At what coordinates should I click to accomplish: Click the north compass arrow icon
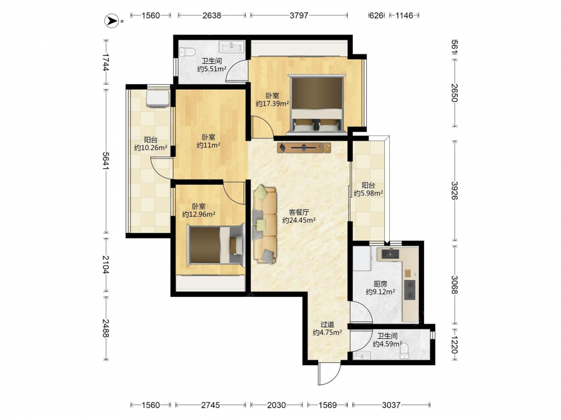[x=112, y=21]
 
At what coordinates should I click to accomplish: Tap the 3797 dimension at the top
[x=299, y=15]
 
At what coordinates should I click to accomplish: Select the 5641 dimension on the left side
[x=106, y=161]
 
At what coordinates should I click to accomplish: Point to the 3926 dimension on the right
[x=454, y=191]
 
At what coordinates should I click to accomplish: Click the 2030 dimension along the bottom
[x=277, y=405]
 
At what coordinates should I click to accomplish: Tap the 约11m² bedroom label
[x=208, y=141]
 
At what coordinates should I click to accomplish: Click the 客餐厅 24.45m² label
[x=299, y=216]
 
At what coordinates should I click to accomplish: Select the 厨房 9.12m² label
[x=380, y=288]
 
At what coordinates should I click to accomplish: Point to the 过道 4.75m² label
[x=327, y=329]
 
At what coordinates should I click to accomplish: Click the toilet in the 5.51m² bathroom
[x=187, y=52]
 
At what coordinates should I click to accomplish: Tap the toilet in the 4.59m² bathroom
[x=404, y=352]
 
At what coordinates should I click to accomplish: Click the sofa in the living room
[x=265, y=225]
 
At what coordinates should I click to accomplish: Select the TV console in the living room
[x=304, y=147]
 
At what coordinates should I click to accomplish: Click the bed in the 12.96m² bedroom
[x=216, y=245]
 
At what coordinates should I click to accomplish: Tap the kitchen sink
[x=390, y=254]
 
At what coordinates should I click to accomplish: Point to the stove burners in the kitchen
[x=410, y=290]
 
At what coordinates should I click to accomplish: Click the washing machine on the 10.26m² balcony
[x=158, y=98]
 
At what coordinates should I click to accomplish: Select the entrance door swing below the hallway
[x=328, y=374]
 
